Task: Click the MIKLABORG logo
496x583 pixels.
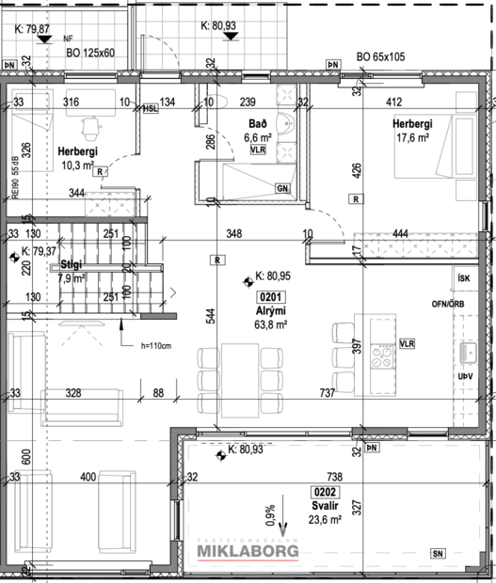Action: (x=247, y=550)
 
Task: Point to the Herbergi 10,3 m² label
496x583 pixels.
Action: (x=77, y=158)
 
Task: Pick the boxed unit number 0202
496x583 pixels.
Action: (x=323, y=491)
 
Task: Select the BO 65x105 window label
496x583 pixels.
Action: (x=381, y=57)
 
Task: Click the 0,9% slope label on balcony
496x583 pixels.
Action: (x=269, y=516)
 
